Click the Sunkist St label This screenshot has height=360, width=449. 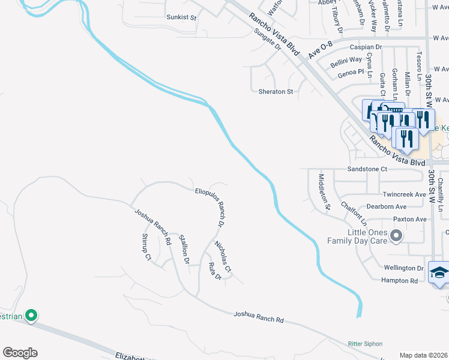pyautogui.click(x=181, y=17)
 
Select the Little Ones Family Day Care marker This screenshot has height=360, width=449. pyautogui.click(x=396, y=236)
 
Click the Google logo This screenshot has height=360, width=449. pyautogui.click(x=20, y=353)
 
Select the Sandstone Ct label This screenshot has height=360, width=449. pyautogui.click(x=367, y=169)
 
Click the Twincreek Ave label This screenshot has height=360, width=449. pyautogui.click(x=404, y=194)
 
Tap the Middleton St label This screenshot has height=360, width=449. pyautogui.click(x=325, y=191)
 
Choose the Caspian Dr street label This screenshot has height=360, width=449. pyautogui.click(x=365, y=47)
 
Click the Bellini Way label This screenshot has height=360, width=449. pyautogui.click(x=346, y=59)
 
